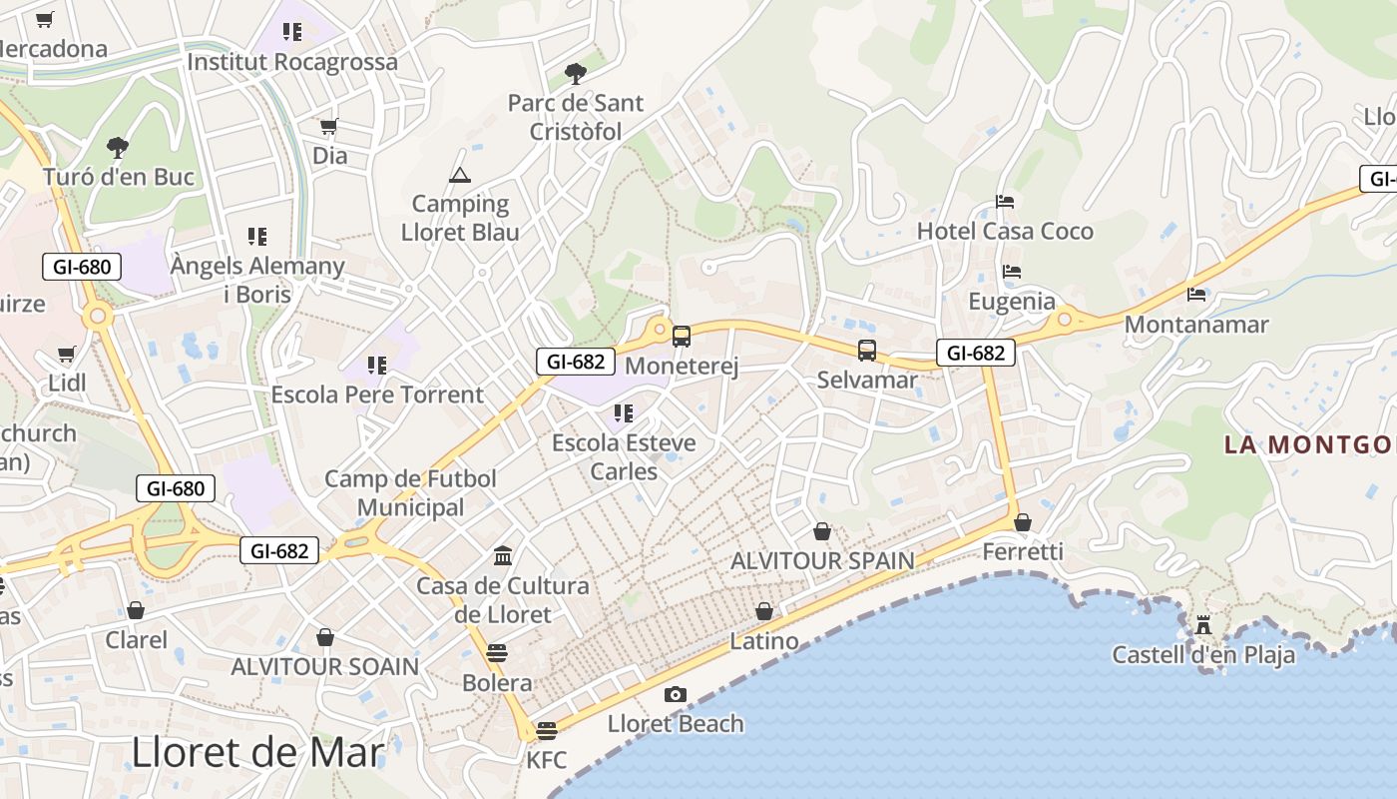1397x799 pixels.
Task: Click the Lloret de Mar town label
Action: click(x=257, y=752)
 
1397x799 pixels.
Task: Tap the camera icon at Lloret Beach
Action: click(x=676, y=694)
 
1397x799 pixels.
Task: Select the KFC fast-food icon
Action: click(x=546, y=730)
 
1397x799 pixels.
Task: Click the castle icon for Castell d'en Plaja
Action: click(x=1203, y=625)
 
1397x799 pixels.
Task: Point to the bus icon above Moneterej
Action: click(x=682, y=337)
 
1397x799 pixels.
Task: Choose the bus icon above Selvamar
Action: click(x=867, y=351)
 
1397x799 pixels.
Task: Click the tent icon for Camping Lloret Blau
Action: click(x=460, y=176)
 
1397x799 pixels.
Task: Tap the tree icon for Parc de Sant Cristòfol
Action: click(x=575, y=73)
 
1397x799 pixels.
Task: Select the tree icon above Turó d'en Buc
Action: click(x=118, y=148)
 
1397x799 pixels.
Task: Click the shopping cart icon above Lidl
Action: click(x=67, y=354)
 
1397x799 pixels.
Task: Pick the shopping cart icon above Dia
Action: click(x=329, y=127)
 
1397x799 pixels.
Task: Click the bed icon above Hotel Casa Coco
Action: click(x=1005, y=202)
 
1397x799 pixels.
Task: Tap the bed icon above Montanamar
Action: click(x=1196, y=295)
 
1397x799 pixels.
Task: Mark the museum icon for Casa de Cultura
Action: click(x=503, y=556)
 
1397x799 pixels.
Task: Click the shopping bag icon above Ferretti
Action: click(x=1023, y=522)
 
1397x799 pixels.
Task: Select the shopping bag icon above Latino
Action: click(x=764, y=611)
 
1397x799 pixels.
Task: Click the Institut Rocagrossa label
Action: click(x=292, y=62)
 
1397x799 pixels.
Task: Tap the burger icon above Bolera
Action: click(x=497, y=653)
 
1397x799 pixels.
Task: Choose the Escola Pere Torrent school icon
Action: click(x=376, y=366)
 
